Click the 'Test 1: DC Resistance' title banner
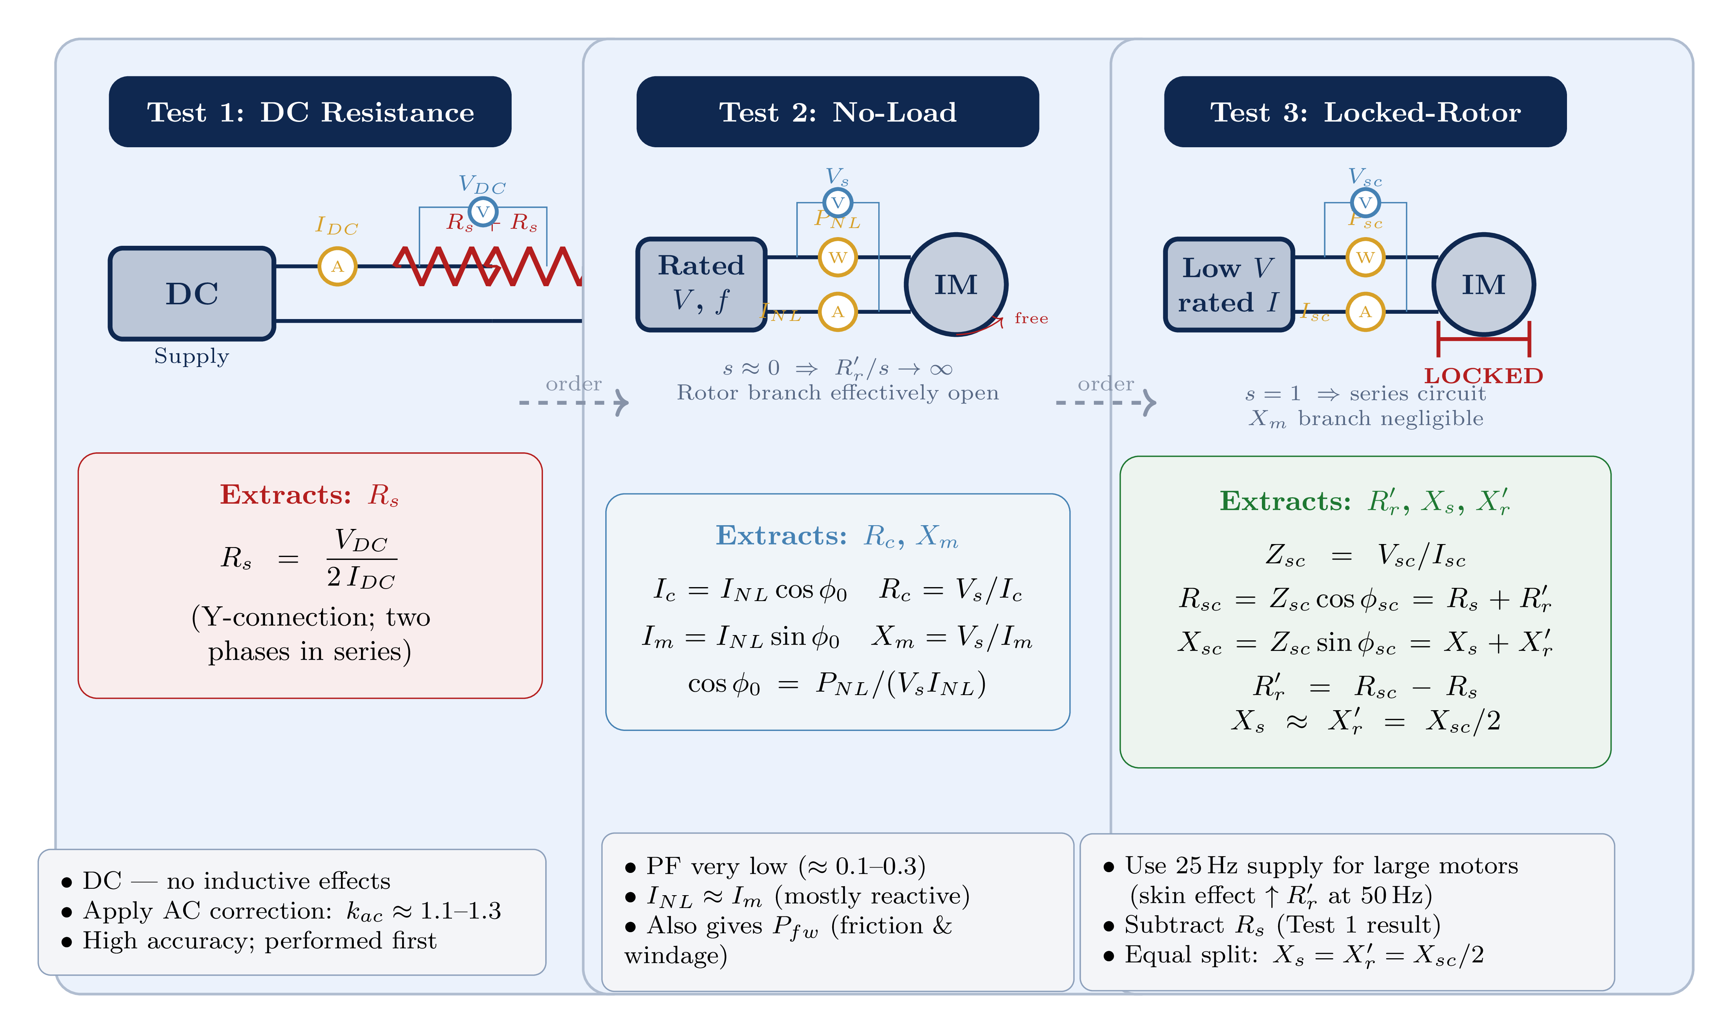click(310, 112)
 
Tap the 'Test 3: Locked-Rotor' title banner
click(1365, 112)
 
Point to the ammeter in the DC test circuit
click(338, 267)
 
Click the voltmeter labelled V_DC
click(483, 211)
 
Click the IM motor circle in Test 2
click(956, 285)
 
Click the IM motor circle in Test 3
click(1484, 285)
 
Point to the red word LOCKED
click(1484, 376)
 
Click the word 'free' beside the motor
click(1031, 318)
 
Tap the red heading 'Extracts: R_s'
click(310, 495)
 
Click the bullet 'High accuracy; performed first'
click(259, 941)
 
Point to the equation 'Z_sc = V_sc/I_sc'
click(1365, 555)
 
